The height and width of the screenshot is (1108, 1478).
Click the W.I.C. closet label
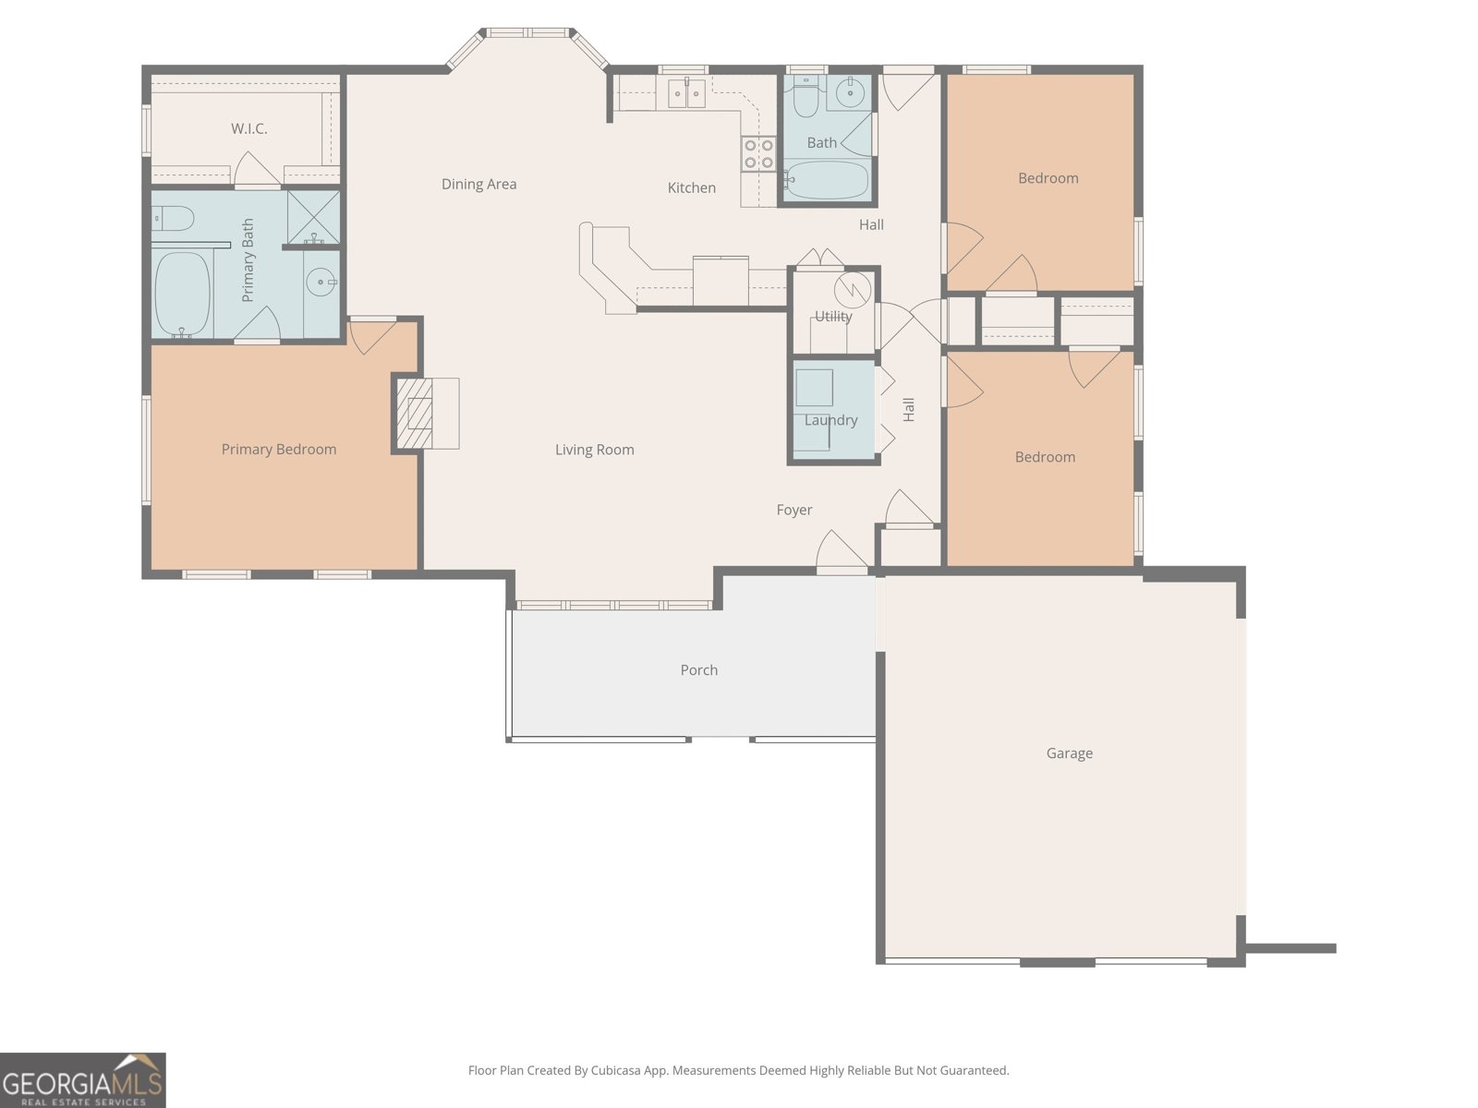(249, 128)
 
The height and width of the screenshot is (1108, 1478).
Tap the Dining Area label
(479, 185)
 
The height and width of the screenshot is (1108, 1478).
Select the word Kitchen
(692, 187)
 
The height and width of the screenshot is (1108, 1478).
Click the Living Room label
(595, 450)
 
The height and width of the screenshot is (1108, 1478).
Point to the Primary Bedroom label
(279, 450)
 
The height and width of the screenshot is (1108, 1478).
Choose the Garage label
(1070, 753)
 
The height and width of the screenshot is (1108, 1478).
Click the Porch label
(699, 670)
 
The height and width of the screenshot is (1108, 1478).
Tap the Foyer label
(794, 510)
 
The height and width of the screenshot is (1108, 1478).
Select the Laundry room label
(830, 420)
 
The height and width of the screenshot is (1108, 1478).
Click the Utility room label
(833, 316)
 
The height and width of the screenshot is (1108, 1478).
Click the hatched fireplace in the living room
(415, 414)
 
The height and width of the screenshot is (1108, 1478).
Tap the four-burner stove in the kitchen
(758, 153)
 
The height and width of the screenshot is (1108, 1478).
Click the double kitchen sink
(687, 93)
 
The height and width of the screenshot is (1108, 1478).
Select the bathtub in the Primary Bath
(182, 294)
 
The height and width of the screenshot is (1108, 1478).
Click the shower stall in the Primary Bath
(314, 217)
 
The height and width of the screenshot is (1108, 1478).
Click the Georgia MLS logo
(83, 1079)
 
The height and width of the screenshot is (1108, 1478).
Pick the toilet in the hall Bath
(806, 98)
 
